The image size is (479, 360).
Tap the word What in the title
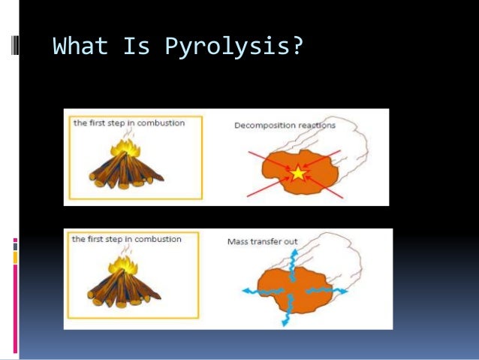(x=80, y=47)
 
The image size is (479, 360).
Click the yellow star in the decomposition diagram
(x=299, y=174)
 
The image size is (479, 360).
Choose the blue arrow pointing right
(x=334, y=289)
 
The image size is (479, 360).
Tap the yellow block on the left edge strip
(x=15, y=258)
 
